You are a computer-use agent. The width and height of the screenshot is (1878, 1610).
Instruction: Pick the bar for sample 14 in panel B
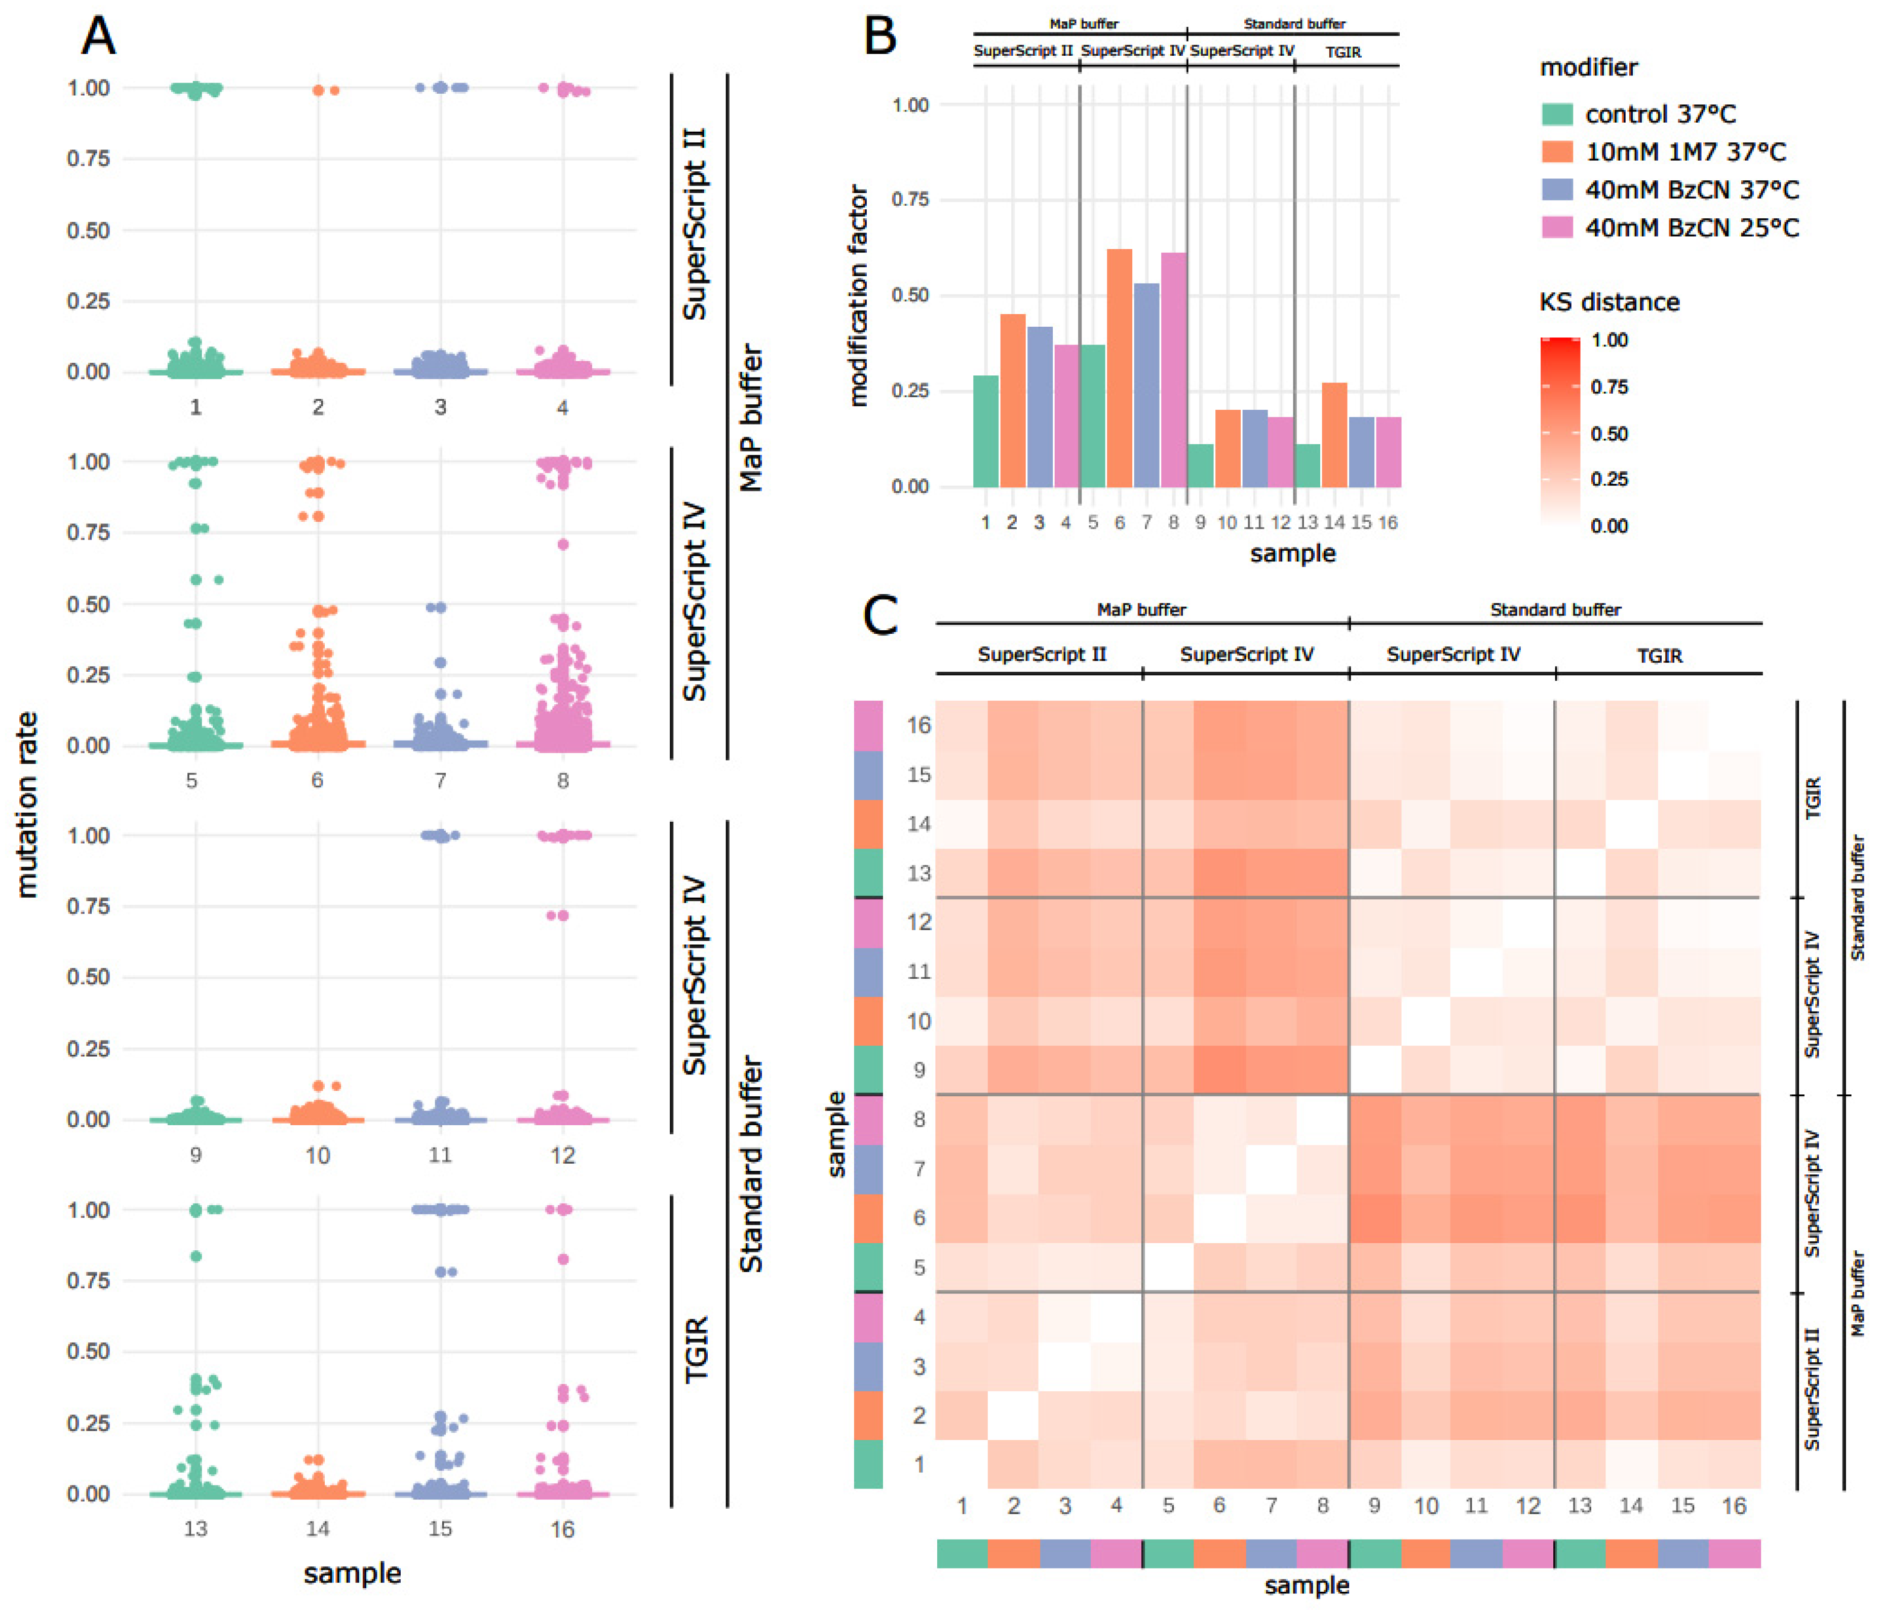tap(1334, 435)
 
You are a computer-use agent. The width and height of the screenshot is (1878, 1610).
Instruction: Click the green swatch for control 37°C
tap(1557, 114)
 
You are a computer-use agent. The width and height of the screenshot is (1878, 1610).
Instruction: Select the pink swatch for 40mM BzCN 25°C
tap(1557, 227)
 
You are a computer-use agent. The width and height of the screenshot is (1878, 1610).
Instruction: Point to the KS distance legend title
tap(1609, 302)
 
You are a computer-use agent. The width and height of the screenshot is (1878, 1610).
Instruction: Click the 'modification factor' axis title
tap(857, 295)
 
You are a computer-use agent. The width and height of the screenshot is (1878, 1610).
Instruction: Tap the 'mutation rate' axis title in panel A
tap(27, 805)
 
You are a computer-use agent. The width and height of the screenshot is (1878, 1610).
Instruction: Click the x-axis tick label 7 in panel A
tap(440, 781)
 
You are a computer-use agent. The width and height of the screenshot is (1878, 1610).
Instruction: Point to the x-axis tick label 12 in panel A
tap(562, 1155)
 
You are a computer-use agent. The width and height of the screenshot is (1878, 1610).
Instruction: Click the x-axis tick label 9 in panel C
tap(1374, 1506)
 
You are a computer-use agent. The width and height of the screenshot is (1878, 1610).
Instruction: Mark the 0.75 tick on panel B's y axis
tap(910, 200)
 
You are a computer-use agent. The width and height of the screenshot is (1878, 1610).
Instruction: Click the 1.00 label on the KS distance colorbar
tap(1609, 340)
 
